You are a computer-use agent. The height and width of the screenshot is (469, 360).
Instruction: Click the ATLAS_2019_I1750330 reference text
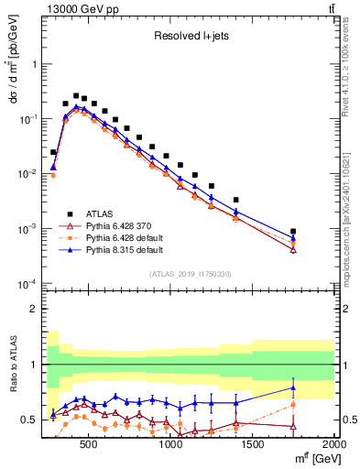pyautogui.click(x=190, y=274)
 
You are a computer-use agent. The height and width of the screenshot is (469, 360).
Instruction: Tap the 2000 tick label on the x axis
pyautogui.click(x=333, y=446)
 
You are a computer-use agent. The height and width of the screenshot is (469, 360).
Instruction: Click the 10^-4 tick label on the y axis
pyautogui.click(x=29, y=283)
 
